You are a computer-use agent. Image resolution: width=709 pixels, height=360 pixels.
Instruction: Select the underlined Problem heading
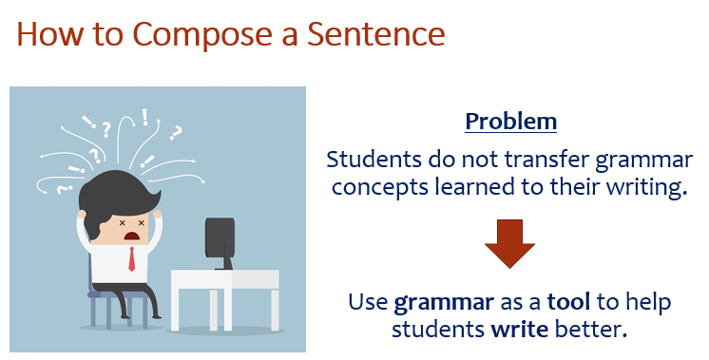coord(510,123)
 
